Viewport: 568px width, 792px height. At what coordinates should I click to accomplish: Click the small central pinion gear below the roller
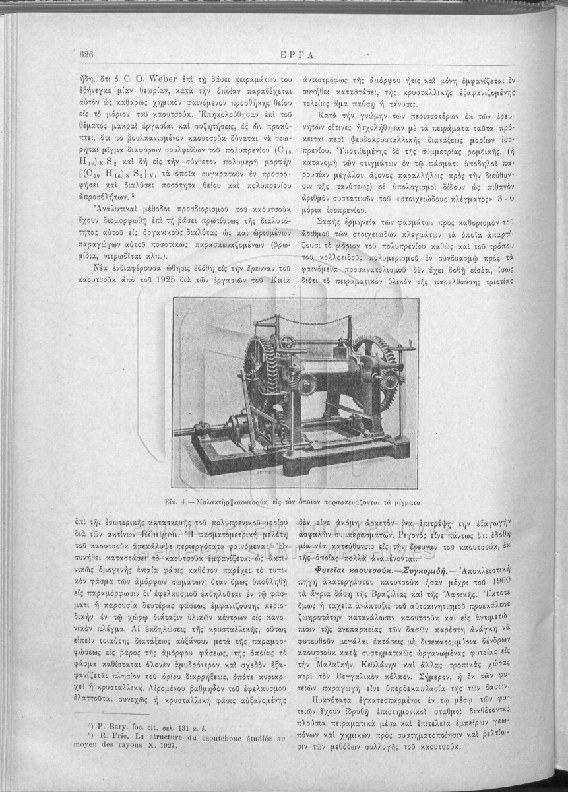(x=305, y=383)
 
